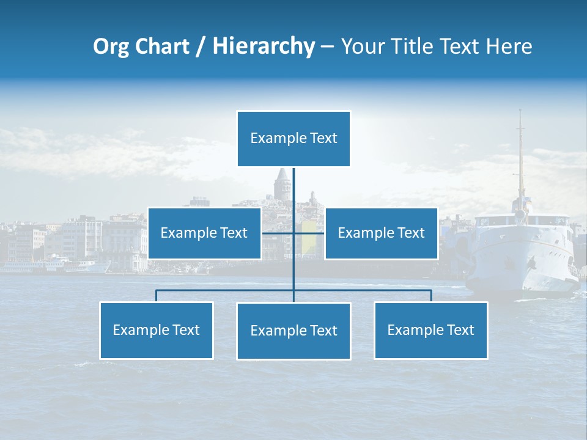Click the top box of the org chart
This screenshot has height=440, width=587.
(293, 139)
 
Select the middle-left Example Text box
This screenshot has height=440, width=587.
(204, 233)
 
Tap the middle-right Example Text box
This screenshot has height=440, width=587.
(381, 233)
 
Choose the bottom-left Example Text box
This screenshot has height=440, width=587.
(157, 330)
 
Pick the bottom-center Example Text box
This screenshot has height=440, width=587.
(293, 331)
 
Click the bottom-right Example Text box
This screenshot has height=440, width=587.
(430, 330)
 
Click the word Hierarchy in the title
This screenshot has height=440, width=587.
(264, 46)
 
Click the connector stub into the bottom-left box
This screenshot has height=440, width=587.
(157, 296)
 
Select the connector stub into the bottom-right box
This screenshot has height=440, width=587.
(431, 296)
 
